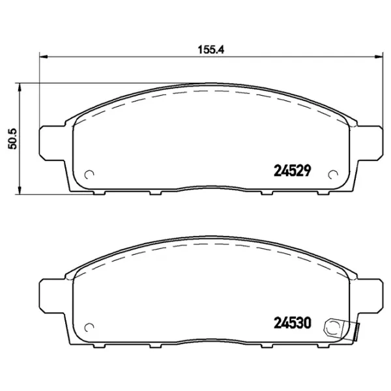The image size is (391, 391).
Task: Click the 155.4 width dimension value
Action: click(211, 50)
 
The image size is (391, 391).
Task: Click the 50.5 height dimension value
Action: click(12, 139)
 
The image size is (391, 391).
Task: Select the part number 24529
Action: click(293, 171)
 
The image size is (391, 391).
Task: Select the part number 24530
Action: click(293, 323)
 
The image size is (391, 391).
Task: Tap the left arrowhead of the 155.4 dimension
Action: click(44, 57)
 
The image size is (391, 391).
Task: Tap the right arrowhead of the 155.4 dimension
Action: click(379, 57)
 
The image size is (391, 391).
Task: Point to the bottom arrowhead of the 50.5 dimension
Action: click(19, 190)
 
